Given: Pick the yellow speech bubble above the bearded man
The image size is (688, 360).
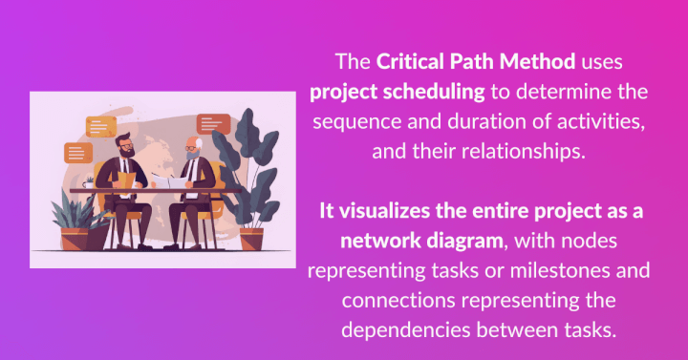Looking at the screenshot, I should (100, 125).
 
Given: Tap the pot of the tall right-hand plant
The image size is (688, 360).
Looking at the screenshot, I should (251, 236).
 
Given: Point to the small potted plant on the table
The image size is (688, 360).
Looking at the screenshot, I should (89, 180).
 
